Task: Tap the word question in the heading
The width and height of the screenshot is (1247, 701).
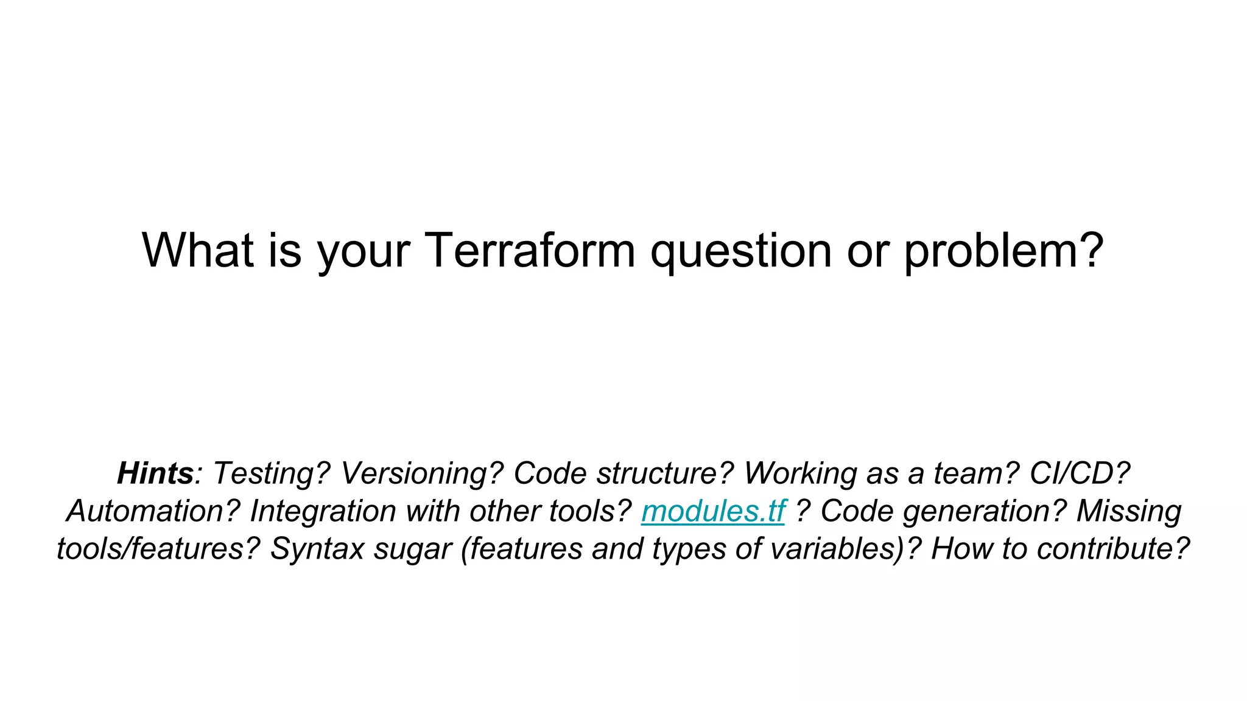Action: pos(740,251)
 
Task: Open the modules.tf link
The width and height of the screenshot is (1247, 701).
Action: pos(713,511)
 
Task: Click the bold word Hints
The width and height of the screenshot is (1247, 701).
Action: pos(155,473)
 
